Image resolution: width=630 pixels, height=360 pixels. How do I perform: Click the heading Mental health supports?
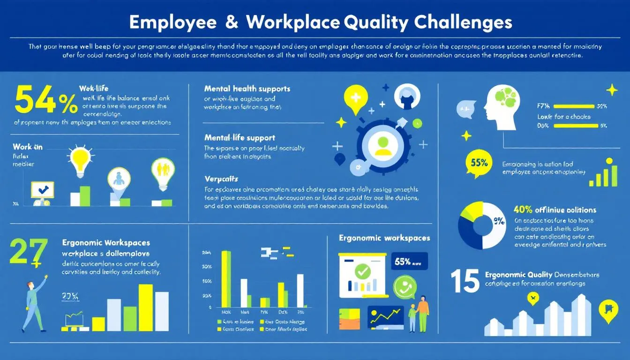[247, 89]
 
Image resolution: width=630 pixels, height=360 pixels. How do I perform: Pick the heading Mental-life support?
[240, 138]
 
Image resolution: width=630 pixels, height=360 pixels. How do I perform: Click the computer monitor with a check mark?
[42, 190]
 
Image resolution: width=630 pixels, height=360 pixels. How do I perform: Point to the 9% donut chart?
[482, 225]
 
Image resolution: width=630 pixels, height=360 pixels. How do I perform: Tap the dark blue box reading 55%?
[409, 262]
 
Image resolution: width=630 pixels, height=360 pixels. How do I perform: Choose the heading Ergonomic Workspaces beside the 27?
[106, 243]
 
